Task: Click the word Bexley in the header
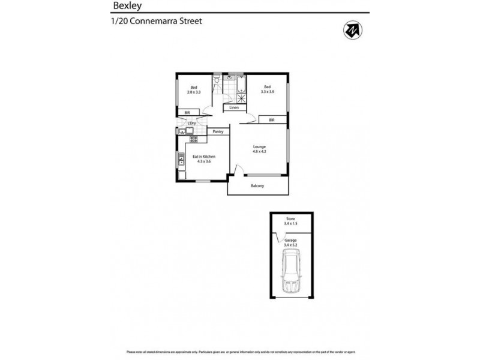[124, 5]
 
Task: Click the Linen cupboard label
[234, 107]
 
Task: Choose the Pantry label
[218, 131]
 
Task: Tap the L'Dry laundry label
[192, 124]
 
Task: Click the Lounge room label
[259, 147]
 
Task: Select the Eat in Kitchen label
[203, 157]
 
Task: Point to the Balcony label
[257, 185]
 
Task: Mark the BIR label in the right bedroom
[271, 120]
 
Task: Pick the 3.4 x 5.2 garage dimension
[290, 245]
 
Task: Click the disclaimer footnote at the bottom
[239, 352]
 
